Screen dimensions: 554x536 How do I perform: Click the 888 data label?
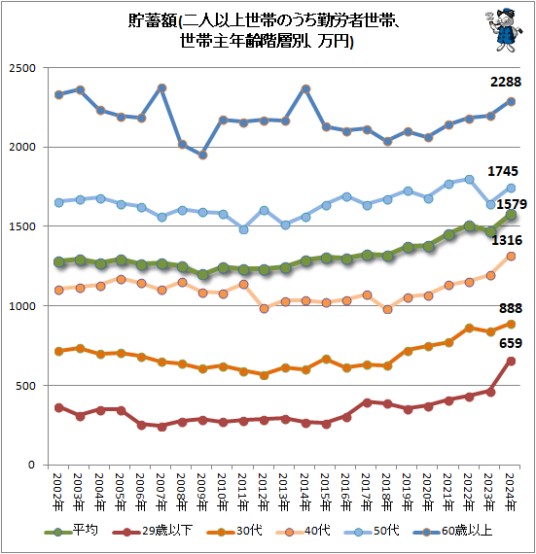point(509,308)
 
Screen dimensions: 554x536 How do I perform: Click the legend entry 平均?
point(74,531)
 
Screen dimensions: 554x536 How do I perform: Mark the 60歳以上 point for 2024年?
point(512,101)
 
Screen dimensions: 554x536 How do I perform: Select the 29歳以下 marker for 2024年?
point(512,361)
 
